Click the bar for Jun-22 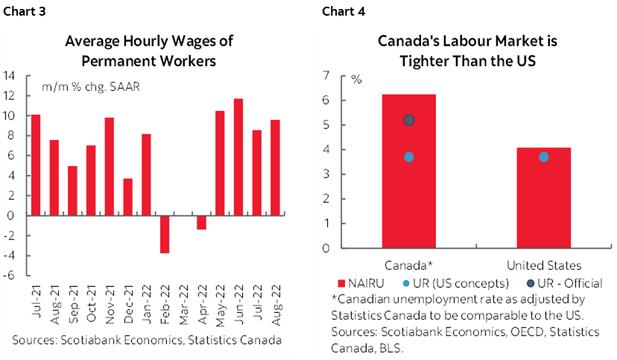point(238,157)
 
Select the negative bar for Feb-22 point(165,234)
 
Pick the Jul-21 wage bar point(36,165)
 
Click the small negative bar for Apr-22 point(201,222)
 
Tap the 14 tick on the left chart point(11,75)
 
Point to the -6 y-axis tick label point(11,275)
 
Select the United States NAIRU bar point(543,198)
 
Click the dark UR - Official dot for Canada point(409,120)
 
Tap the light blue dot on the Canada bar point(409,157)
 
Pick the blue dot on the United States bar point(543,157)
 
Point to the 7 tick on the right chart point(346,75)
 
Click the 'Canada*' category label point(409,265)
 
